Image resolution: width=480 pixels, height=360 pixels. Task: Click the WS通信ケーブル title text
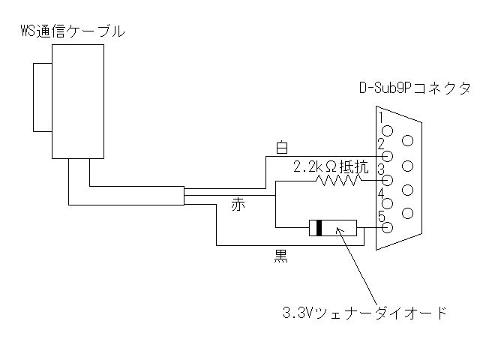(73, 31)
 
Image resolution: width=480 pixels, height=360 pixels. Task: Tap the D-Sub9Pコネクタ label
(415, 88)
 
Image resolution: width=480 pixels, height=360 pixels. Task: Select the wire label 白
(282, 147)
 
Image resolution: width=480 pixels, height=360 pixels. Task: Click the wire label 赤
(238, 205)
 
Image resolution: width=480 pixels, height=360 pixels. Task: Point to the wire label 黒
(280, 256)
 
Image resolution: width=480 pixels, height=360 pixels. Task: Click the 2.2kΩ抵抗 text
(331, 167)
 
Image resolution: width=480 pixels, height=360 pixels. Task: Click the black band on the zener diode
(319, 228)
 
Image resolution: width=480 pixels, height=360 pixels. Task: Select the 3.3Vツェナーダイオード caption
(364, 313)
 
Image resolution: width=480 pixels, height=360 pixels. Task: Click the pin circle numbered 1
(388, 131)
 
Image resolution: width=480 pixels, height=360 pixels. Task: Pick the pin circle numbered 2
(388, 157)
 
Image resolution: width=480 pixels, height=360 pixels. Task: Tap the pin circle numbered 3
(388, 180)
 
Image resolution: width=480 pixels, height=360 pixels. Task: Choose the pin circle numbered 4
(388, 203)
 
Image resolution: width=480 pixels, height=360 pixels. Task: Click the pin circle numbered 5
(388, 227)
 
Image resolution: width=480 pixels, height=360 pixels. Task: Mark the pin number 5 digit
(381, 217)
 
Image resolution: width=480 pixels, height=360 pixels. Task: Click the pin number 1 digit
(381, 118)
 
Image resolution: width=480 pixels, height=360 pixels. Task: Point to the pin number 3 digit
(381, 169)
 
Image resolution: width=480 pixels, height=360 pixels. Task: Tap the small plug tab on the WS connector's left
(43, 97)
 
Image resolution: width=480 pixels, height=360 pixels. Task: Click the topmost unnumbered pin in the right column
(407, 141)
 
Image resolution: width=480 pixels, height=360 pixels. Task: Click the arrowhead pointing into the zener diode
(338, 230)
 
